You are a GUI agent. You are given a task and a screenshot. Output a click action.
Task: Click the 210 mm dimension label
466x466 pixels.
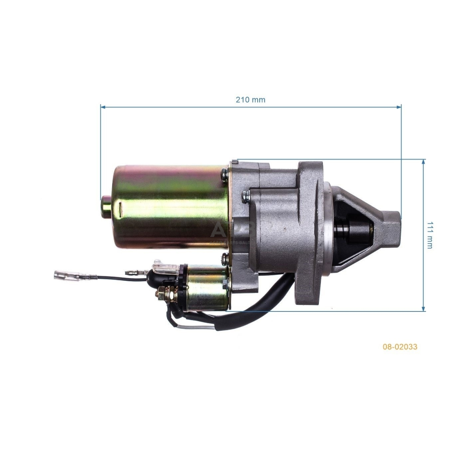tap(250, 100)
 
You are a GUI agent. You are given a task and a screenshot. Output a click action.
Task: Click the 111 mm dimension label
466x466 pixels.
tap(430, 235)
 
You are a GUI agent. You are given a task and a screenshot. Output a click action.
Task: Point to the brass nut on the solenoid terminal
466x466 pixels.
tap(162, 293)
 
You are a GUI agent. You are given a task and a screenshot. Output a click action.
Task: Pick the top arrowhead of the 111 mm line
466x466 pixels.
tap(423, 162)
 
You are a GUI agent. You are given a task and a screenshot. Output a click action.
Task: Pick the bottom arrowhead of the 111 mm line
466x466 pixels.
tap(423, 309)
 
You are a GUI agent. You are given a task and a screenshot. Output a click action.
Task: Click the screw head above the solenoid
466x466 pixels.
tap(224, 258)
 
